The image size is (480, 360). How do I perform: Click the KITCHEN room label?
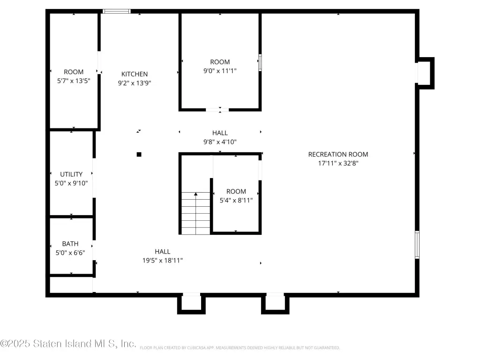pos(135,74)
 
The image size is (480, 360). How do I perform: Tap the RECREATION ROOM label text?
pos(338,154)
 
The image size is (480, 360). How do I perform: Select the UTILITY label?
pos(71,174)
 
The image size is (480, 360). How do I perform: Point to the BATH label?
pos(70,244)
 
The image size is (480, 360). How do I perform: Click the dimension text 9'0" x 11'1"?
pos(220,71)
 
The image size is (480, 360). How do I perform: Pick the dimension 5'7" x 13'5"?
pos(74,81)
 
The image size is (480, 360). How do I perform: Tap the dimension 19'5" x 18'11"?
pos(162,261)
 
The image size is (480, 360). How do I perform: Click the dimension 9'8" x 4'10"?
pos(220,142)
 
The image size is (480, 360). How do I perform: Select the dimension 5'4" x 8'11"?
pos(236,200)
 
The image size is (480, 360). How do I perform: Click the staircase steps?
pos(195,213)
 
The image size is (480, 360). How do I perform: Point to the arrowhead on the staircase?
pos(195,194)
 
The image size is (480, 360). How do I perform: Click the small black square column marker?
pos(139,155)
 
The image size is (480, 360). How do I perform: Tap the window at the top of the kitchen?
pos(117,11)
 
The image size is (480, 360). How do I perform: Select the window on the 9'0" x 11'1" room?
pos(260,62)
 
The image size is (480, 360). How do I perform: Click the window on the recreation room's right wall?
pos(417,245)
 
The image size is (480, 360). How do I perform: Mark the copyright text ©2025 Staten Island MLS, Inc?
pos(68,344)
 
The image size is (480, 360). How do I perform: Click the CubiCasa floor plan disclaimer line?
pos(240,348)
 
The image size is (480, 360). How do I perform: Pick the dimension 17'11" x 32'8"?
pos(338,163)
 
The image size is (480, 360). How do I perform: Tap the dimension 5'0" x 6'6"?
pos(70,253)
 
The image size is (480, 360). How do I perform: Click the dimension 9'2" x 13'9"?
pos(135,83)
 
